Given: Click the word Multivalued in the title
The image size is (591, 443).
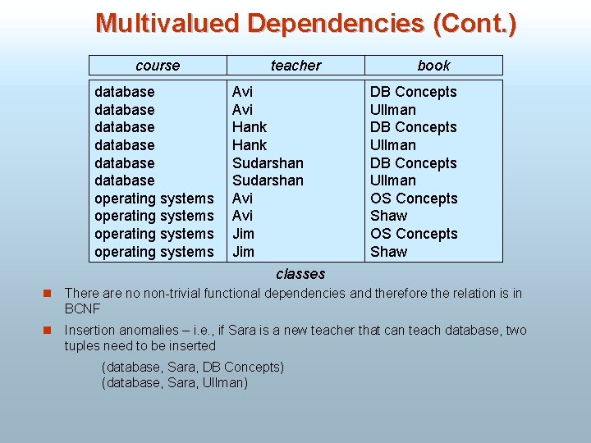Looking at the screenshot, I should pos(167,23).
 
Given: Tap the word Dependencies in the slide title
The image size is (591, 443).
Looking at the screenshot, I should pos(337,23).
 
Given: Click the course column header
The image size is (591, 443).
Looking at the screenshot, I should pos(158,66).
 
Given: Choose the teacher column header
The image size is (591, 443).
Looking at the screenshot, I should pos(295,66).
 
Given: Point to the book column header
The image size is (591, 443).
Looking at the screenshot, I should pos(433,66).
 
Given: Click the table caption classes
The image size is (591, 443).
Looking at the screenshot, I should pos(300,274).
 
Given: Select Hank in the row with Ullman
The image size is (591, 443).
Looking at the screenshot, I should pos(250,144).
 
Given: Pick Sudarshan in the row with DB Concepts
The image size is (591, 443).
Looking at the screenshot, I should pos(268,162).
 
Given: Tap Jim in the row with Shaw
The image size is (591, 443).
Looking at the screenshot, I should pos(243,252).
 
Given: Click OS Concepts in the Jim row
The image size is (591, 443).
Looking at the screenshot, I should pos(414,234).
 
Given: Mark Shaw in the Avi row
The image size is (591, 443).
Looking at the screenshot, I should pos(388,216).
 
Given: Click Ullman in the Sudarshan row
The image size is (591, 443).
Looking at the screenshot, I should pos(393,180).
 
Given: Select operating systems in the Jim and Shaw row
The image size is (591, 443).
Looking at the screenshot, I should pos(153,252).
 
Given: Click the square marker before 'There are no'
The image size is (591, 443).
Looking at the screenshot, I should pos(48,293).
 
